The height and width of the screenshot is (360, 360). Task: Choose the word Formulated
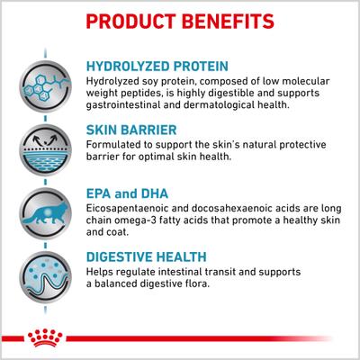click(x=114, y=144)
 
